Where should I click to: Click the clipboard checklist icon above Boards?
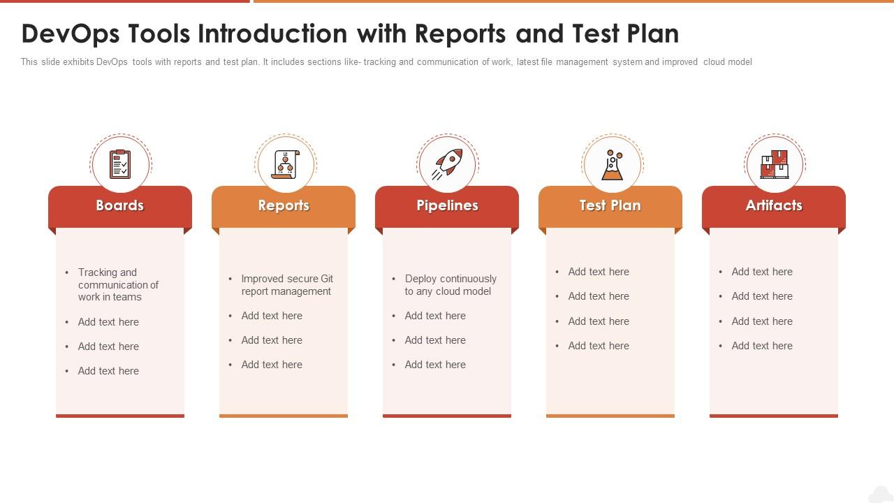[x=120, y=164]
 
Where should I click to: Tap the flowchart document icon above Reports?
[x=286, y=164]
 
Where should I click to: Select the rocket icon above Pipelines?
[x=447, y=164]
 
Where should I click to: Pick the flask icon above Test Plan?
[x=613, y=164]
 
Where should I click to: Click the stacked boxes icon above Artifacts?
[x=775, y=164]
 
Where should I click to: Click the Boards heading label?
[x=119, y=205]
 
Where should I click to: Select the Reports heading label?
[x=284, y=205]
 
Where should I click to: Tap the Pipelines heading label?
[x=447, y=205]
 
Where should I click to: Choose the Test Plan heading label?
[x=610, y=205]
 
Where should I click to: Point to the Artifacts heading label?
[x=774, y=205]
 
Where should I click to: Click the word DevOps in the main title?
[x=71, y=34]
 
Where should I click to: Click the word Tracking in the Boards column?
[x=108, y=272]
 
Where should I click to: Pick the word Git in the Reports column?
[x=326, y=279]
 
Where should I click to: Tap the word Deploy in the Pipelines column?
[x=423, y=279]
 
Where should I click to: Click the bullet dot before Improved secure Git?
[x=230, y=279]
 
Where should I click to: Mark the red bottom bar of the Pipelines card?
[x=447, y=416]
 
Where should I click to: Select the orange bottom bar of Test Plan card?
[x=610, y=416]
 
